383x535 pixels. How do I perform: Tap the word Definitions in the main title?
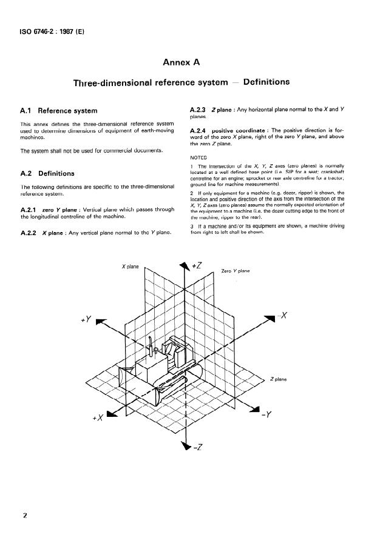[266, 82]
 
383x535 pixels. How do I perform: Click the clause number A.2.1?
[30, 210]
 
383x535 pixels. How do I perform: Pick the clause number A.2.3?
[200, 109]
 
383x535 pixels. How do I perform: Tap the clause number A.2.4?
[200, 131]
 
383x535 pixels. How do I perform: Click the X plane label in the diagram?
[130, 266]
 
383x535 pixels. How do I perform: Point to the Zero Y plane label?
[236, 271]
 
